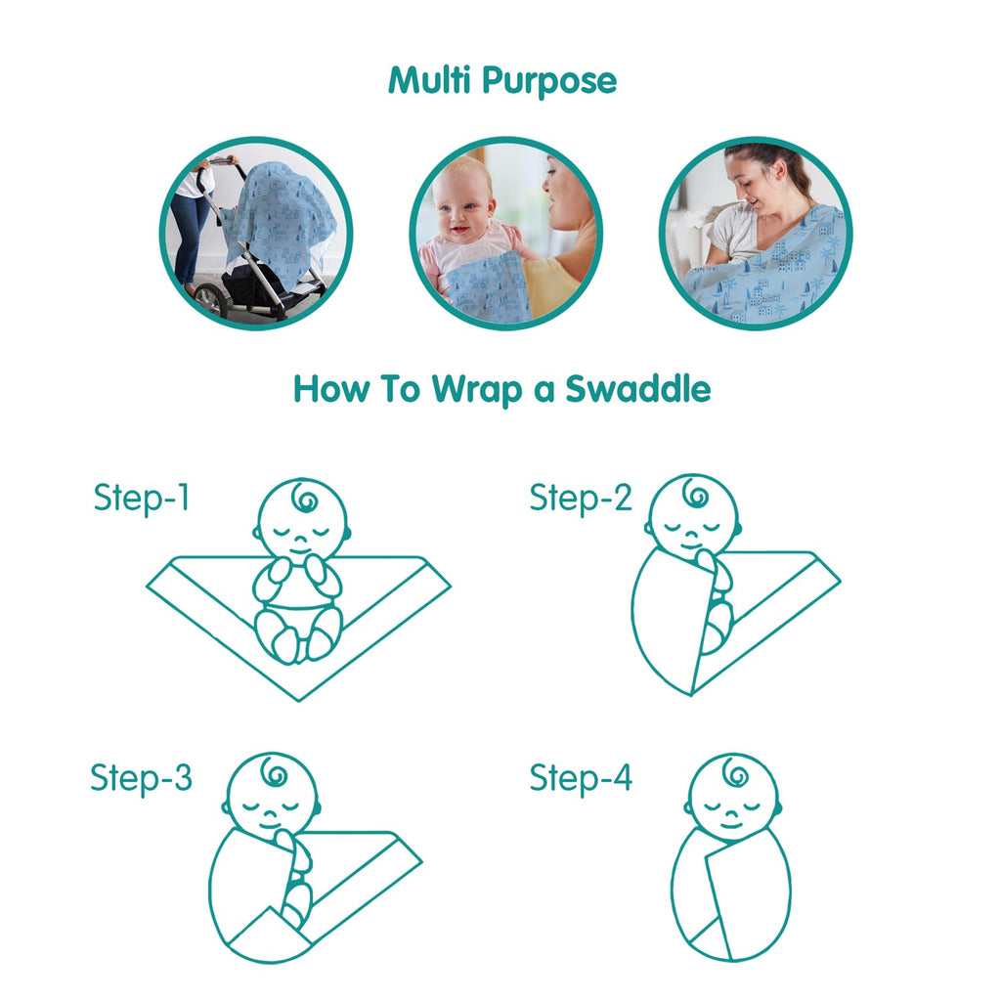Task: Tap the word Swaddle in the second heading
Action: point(637,389)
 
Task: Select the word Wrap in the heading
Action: point(476,390)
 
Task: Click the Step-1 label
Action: point(142,498)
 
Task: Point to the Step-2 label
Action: point(581,498)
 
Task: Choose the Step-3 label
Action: point(141,778)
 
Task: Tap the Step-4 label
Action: point(581,778)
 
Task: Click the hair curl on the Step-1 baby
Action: point(304,498)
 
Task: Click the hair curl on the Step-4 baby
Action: point(735,774)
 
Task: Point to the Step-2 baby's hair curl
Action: point(696,494)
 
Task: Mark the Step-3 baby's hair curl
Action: point(275,773)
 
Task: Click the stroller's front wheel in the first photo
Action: point(210,301)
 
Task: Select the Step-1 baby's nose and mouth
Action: point(301,546)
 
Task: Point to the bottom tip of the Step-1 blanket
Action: point(299,700)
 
